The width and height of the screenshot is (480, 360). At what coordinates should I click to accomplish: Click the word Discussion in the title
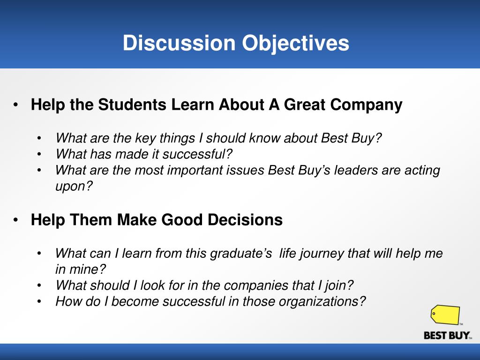tap(179, 43)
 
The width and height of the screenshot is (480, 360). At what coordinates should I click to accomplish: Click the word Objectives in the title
tap(295, 43)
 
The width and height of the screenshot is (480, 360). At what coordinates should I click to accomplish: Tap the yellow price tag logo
tap(445, 315)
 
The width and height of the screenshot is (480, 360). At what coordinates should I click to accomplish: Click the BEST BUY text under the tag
tap(447, 336)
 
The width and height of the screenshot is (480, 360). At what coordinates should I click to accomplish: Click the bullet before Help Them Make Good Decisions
tap(16, 219)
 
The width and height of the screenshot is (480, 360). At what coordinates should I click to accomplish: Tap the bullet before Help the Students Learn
tap(16, 105)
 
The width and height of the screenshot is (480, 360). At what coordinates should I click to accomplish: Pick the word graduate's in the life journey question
tap(241, 254)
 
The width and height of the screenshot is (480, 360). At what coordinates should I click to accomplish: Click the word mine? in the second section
tap(89, 270)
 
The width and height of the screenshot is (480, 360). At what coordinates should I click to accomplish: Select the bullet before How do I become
tap(39, 301)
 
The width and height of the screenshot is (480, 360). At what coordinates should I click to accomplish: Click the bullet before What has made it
tap(39, 154)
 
